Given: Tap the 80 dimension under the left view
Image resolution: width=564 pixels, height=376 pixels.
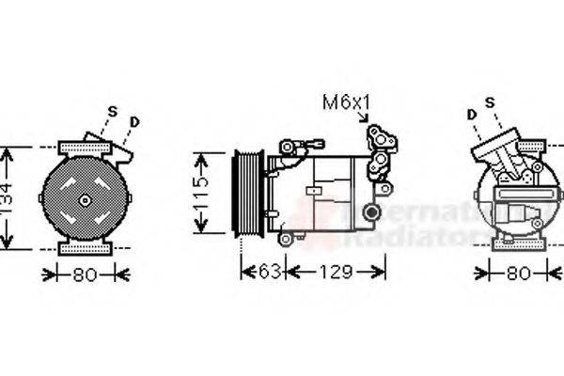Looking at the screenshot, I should point(86,275).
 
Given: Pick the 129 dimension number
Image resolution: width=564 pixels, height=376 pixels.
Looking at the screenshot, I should point(334,273).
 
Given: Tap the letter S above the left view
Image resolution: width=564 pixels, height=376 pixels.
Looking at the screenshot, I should point(113,112).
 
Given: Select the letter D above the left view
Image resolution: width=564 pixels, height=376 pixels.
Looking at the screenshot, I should point(135,121).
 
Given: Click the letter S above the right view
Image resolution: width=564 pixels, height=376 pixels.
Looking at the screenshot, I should point(490,102).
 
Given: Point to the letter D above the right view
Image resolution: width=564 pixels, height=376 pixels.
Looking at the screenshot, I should point(471,114).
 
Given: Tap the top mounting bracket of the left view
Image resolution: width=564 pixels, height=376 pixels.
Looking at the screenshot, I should point(85,148).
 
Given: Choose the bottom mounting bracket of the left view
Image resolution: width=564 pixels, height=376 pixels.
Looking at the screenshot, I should point(85,248).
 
